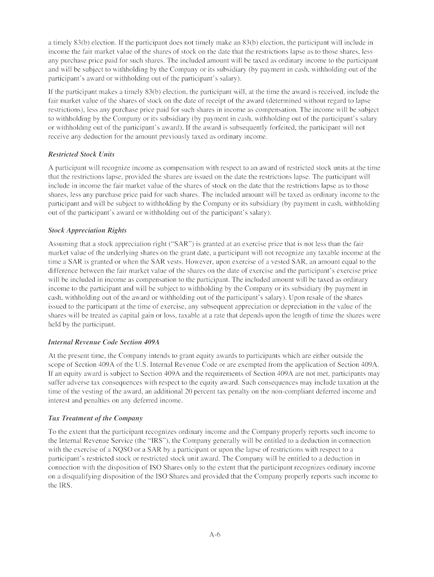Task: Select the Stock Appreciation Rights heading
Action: (87, 230)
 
